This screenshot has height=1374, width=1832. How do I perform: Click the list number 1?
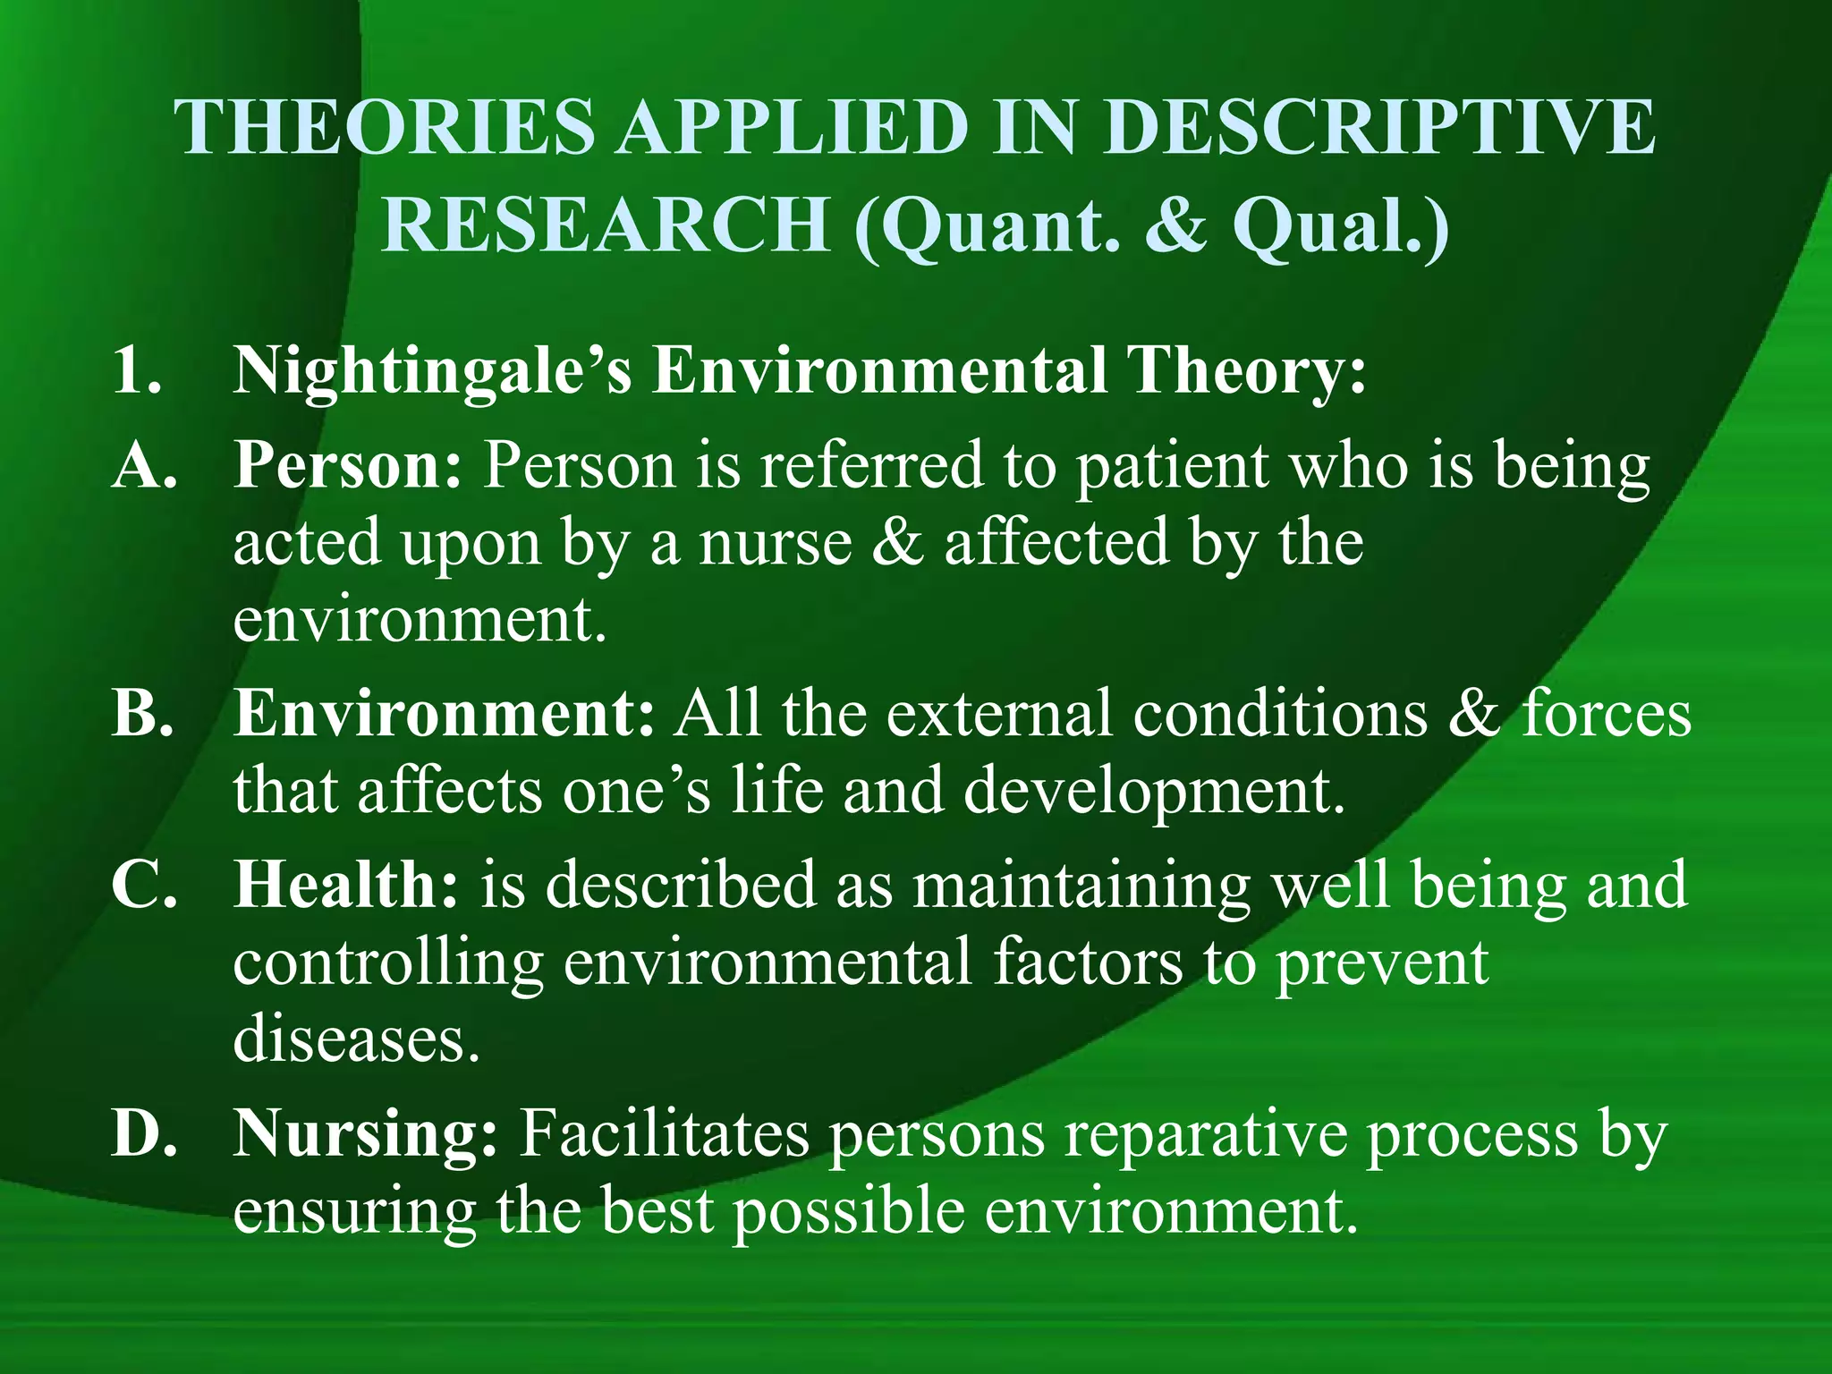coord(137,369)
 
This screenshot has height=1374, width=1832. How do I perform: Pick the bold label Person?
coord(347,467)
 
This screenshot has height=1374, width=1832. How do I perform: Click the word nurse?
coord(775,543)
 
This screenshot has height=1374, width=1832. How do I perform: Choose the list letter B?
coord(141,714)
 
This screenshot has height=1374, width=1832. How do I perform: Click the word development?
coord(1154,793)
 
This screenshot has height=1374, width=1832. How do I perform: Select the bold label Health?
coord(345,885)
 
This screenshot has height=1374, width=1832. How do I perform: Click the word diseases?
coord(356,1039)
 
